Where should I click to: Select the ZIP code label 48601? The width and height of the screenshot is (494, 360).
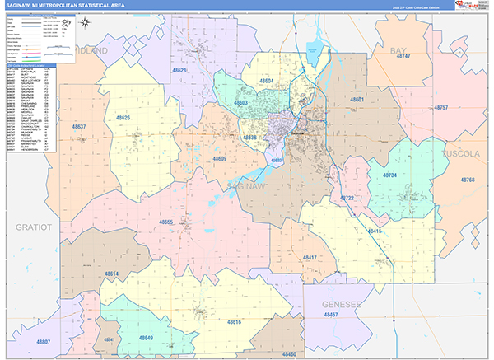[357, 99]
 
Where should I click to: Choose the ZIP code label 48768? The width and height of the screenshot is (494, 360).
[468, 180]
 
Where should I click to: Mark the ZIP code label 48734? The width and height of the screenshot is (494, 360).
[390, 175]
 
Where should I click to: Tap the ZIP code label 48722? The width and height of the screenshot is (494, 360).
[347, 199]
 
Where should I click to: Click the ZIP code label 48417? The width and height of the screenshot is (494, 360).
[310, 258]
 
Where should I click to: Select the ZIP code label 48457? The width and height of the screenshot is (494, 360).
[331, 315]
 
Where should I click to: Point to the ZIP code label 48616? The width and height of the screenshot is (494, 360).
[234, 321]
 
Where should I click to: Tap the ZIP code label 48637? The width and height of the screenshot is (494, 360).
[79, 127]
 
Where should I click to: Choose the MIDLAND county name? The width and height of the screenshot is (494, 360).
[91, 51]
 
